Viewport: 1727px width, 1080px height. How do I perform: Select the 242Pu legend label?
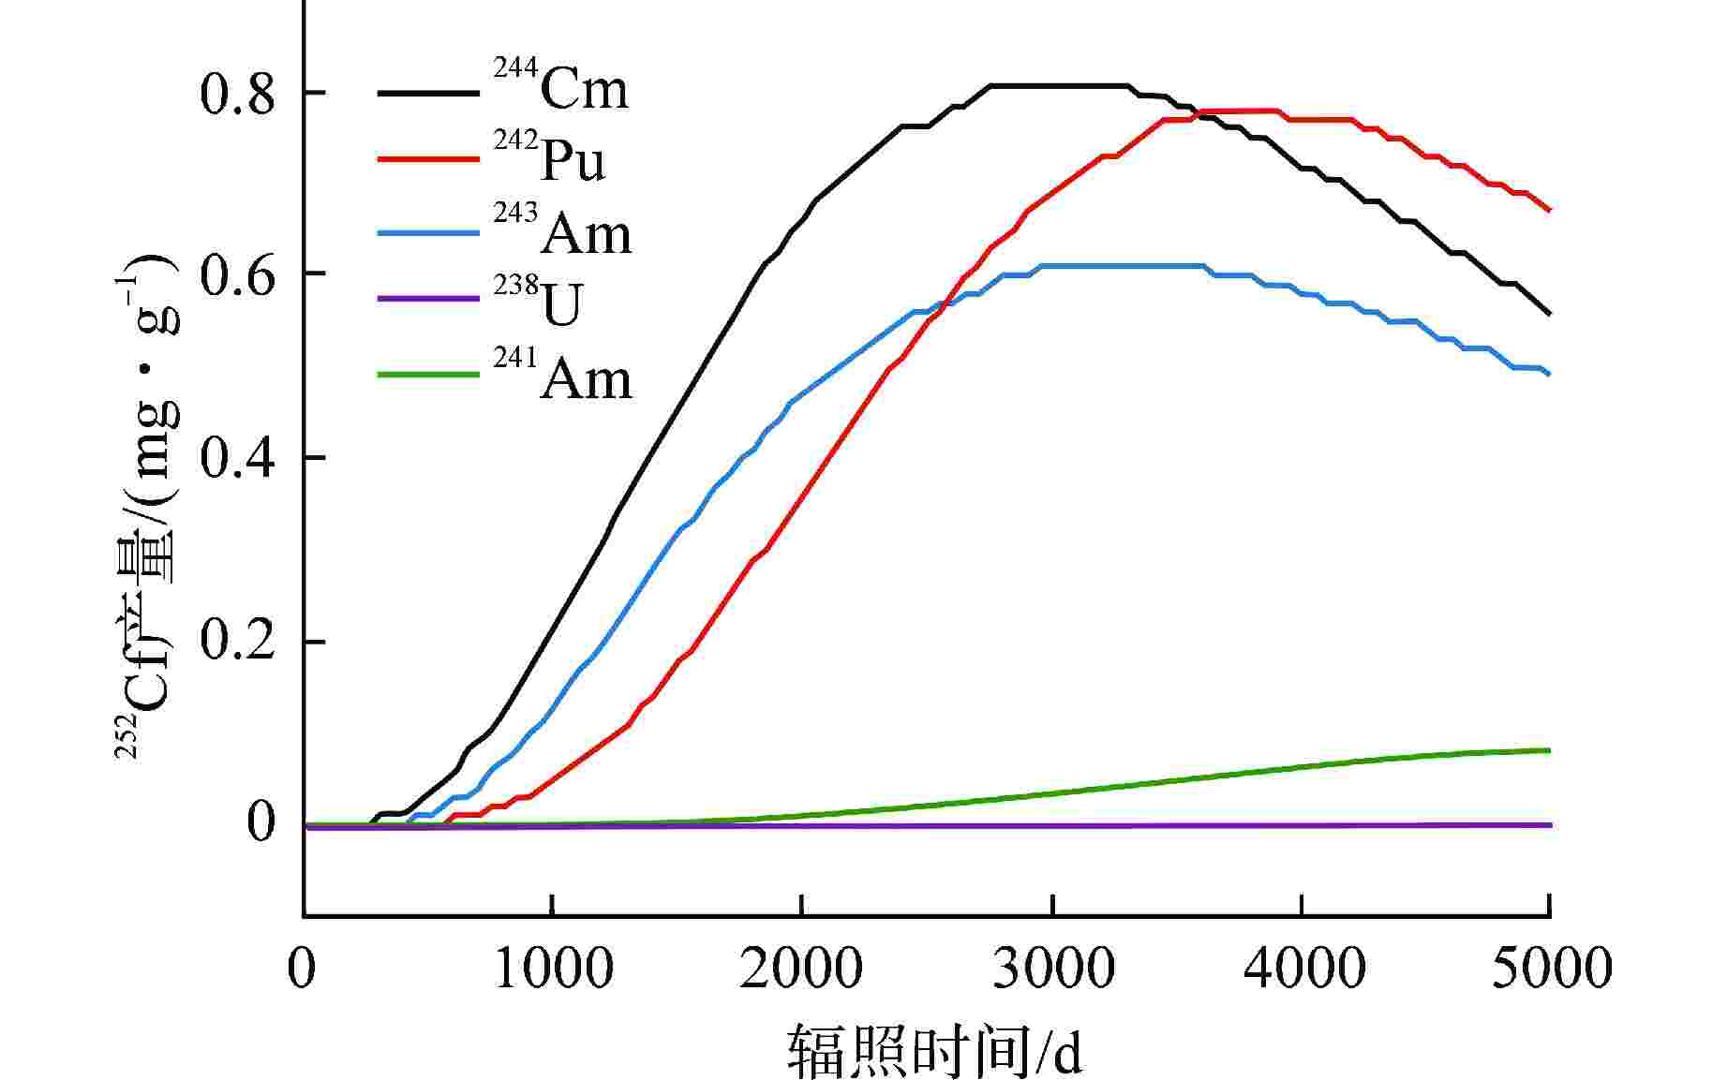pyautogui.click(x=551, y=159)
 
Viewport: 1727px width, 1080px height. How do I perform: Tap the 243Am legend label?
pyautogui.click(x=563, y=231)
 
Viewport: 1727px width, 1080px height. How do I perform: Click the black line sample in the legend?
pyautogui.click(x=428, y=93)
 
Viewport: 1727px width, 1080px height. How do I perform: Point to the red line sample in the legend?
pyautogui.click(x=428, y=159)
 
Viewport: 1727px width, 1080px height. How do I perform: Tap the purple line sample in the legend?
pyautogui.click(x=428, y=299)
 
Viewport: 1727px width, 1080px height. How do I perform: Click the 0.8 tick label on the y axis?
pyautogui.click(x=237, y=96)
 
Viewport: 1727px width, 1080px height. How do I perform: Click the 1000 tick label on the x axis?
pyautogui.click(x=553, y=968)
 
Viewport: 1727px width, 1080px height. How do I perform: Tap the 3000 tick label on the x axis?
pyautogui.click(x=1053, y=968)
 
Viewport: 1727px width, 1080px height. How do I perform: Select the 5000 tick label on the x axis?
pyautogui.click(x=1550, y=968)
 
